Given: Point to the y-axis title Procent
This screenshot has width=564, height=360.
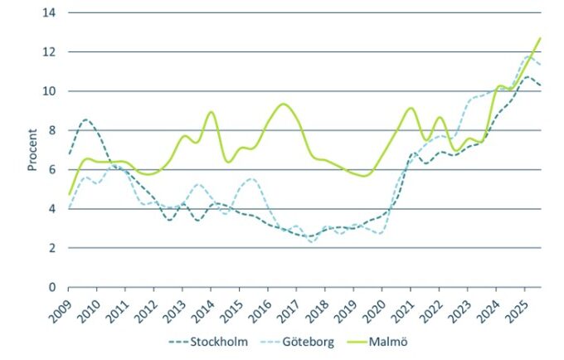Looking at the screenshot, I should [x=32, y=150].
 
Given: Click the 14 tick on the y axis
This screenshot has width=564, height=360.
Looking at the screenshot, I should [x=51, y=12].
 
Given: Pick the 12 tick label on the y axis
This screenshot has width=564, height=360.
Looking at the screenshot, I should [x=51, y=51].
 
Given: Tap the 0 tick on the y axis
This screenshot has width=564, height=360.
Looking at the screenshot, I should [x=54, y=287].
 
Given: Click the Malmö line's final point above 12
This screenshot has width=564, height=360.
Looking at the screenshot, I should [x=540, y=38].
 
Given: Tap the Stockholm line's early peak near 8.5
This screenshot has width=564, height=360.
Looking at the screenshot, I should [x=85, y=119].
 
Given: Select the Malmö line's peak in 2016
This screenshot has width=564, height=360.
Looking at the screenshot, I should [x=284, y=104].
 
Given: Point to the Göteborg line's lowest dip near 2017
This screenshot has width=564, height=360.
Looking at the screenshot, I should [x=312, y=241].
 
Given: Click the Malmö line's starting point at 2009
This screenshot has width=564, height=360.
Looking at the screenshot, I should [x=69, y=193].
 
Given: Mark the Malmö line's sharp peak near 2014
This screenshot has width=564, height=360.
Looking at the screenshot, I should [x=211, y=112].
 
